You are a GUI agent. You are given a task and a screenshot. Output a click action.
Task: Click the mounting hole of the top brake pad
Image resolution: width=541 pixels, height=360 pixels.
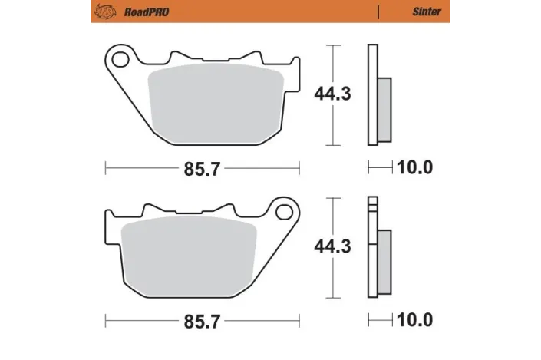point(118,58)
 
